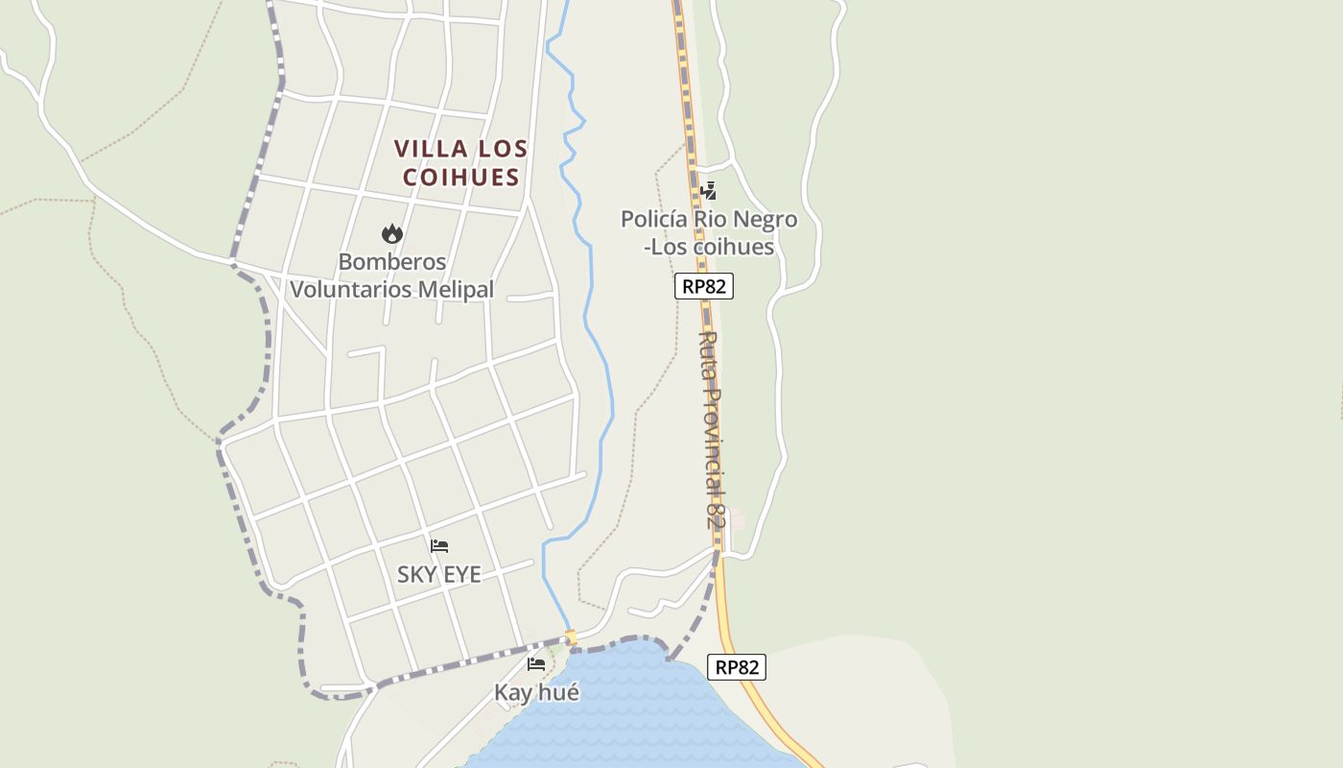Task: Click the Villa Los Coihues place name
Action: (460, 162)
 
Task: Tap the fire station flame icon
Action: (391, 233)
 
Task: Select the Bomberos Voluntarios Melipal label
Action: (391, 276)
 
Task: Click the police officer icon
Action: (708, 191)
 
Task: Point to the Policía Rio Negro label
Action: (708, 232)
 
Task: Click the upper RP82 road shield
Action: (703, 286)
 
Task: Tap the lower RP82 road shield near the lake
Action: (737, 667)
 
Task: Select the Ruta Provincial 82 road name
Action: (711, 430)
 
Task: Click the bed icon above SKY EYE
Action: (439, 546)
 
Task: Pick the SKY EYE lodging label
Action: (439, 575)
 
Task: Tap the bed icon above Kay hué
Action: (536, 663)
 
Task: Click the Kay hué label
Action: (536, 692)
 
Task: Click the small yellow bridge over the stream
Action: (571, 637)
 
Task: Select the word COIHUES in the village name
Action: (460, 177)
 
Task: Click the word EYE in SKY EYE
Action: (460, 575)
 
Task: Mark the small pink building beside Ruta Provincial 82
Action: (737, 519)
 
